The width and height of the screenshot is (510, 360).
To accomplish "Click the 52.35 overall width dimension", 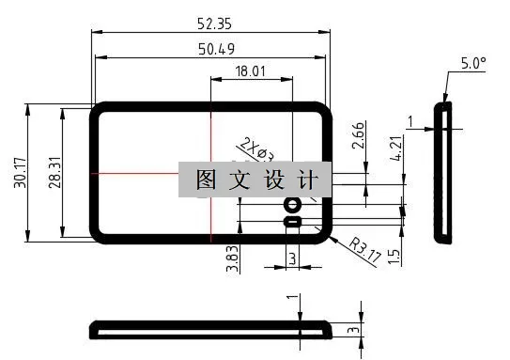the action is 212,22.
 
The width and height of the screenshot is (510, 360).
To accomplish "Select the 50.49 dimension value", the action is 212,49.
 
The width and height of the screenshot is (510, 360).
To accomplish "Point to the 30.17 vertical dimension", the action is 20,172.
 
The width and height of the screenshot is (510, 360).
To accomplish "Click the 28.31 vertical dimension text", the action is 54,172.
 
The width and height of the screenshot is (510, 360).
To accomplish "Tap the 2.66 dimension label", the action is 358,137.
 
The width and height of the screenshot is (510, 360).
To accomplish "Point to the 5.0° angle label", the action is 474,64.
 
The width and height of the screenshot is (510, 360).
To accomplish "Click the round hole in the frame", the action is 292,205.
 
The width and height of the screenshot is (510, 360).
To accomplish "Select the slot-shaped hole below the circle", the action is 292,222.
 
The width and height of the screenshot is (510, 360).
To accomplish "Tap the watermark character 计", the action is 306,179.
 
